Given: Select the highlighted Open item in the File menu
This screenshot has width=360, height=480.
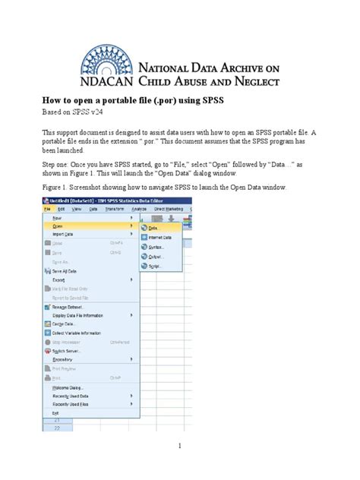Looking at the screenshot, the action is (58, 226).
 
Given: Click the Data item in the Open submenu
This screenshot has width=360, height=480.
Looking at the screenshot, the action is (153, 227).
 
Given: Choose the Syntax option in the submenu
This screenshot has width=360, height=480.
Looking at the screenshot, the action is (156, 248).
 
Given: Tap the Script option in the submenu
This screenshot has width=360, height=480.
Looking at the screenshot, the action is (156, 267).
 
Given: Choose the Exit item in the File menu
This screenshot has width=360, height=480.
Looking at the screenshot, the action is (55, 414).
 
